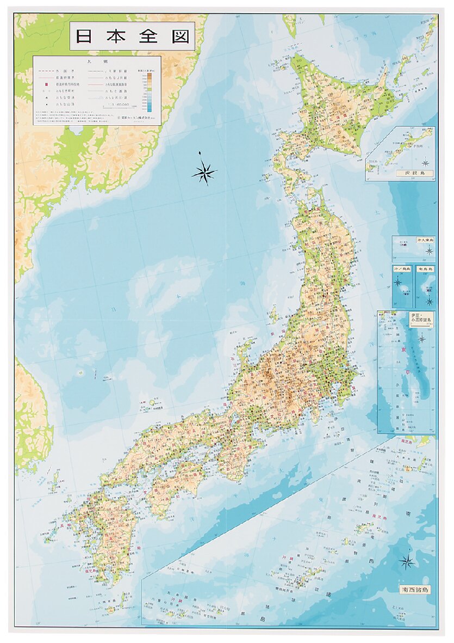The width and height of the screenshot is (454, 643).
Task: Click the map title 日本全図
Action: pos(132,36)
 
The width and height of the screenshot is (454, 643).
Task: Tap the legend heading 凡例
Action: pos(97,62)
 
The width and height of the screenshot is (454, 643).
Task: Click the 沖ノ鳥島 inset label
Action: pos(402,269)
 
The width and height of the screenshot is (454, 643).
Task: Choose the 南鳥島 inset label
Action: pos(425,269)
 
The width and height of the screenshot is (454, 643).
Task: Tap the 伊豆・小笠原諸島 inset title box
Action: pos(422,319)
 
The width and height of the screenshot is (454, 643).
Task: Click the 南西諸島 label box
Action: pos(413,589)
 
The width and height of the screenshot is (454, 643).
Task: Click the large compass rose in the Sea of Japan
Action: pos(204,173)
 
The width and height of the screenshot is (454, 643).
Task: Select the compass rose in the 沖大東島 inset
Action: pos(429,250)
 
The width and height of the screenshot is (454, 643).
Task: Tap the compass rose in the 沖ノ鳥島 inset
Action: pos(397,282)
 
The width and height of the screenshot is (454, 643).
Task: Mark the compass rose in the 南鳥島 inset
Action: pos(429,300)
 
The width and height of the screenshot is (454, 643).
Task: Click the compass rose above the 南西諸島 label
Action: pos(406,561)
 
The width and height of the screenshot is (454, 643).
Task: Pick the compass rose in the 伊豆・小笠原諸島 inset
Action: pos(421,338)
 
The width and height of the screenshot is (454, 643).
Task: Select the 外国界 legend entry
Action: pos(61,71)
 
